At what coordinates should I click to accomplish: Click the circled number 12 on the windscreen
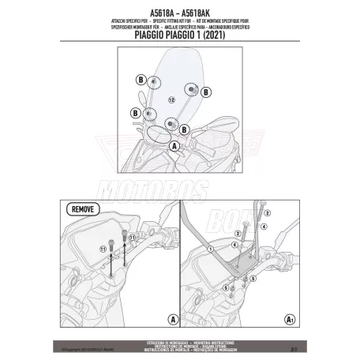pos(171,100)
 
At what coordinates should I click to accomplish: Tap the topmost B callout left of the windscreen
pos(139,80)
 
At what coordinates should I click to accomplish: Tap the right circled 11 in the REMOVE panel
pos(133,236)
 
